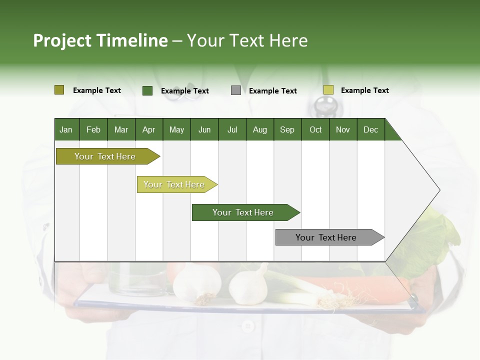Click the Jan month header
coord(66,129)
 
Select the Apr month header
coord(148,129)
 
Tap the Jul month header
coord(232,129)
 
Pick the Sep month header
coord(287,129)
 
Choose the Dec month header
coord(370,129)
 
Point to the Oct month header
coord(315,129)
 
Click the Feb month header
coord(93,129)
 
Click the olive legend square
coord(59,90)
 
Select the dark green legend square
coord(147,90)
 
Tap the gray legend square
coord(235,90)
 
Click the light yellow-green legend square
coord(328,90)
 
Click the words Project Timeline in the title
coord(100,40)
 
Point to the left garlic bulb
coord(196,284)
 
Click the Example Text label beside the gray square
coord(272,91)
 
